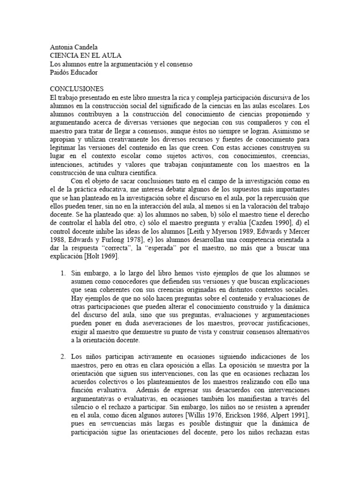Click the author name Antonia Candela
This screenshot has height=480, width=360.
(73, 48)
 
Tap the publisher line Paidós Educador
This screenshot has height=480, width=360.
(74, 72)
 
